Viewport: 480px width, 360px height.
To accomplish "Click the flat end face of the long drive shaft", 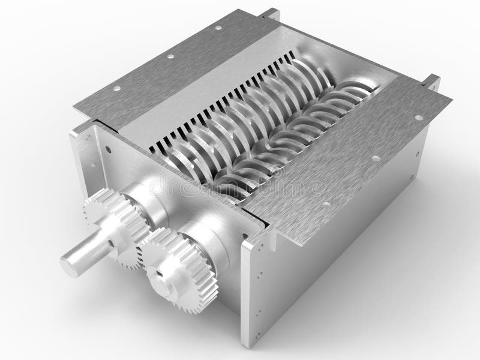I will (x=68, y=266).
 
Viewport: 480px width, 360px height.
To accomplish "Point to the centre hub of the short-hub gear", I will (x=160, y=274).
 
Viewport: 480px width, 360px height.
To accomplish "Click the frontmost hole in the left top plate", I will (x=117, y=88).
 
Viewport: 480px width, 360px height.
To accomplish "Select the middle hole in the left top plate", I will (x=170, y=56).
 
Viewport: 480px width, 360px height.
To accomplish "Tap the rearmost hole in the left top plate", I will (x=218, y=28).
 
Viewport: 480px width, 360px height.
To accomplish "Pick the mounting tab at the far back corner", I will (x=270, y=13).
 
